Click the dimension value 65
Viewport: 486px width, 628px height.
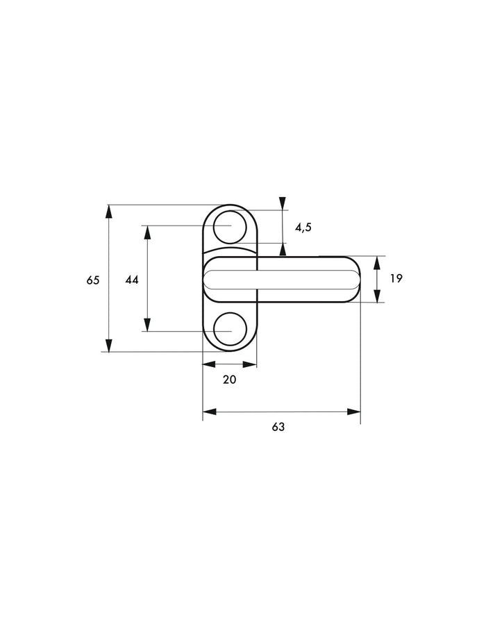[x=92, y=280]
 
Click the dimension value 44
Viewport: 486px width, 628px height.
[x=132, y=280]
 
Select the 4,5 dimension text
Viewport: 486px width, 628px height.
[x=303, y=228]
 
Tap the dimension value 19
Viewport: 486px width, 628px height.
[x=396, y=278]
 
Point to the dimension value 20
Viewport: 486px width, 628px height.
[x=230, y=380]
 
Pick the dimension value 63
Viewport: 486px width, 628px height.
[x=278, y=427]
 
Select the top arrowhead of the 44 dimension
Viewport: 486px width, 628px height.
[x=147, y=232]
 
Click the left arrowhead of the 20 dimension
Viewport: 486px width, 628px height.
[x=209, y=364]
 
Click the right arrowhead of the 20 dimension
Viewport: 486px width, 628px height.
[x=250, y=364]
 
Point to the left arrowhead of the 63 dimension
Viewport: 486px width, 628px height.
[x=210, y=411]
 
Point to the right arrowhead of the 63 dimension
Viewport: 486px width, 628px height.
[x=353, y=411]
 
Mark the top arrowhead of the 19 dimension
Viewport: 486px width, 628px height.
[x=376, y=263]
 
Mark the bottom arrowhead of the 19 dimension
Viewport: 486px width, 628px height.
[x=376, y=296]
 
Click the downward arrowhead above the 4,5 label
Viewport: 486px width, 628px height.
[x=283, y=203]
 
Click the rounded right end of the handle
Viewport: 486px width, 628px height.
[x=360, y=279]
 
